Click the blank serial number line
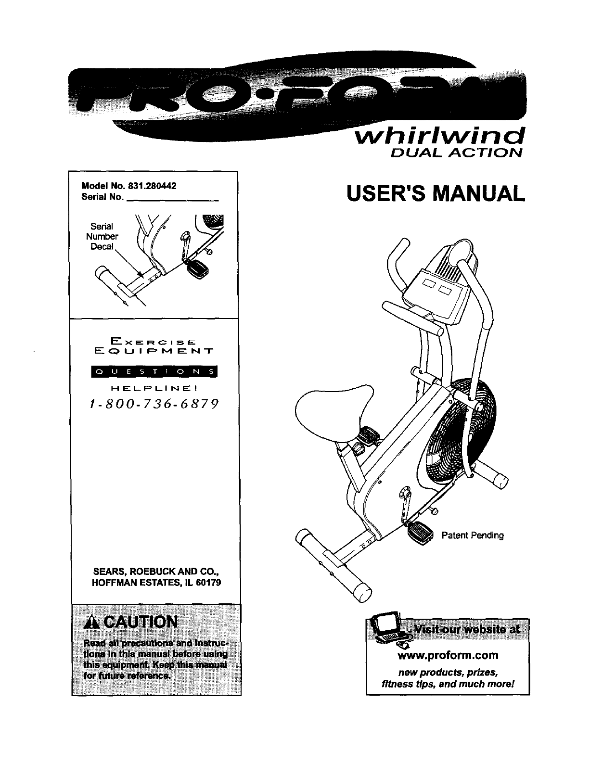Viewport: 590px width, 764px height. click(172, 197)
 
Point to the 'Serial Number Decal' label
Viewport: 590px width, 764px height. click(102, 236)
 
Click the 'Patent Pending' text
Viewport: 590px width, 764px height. click(473, 535)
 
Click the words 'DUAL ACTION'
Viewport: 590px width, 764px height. click(454, 153)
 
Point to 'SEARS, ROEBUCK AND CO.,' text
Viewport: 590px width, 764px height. click(156, 573)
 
